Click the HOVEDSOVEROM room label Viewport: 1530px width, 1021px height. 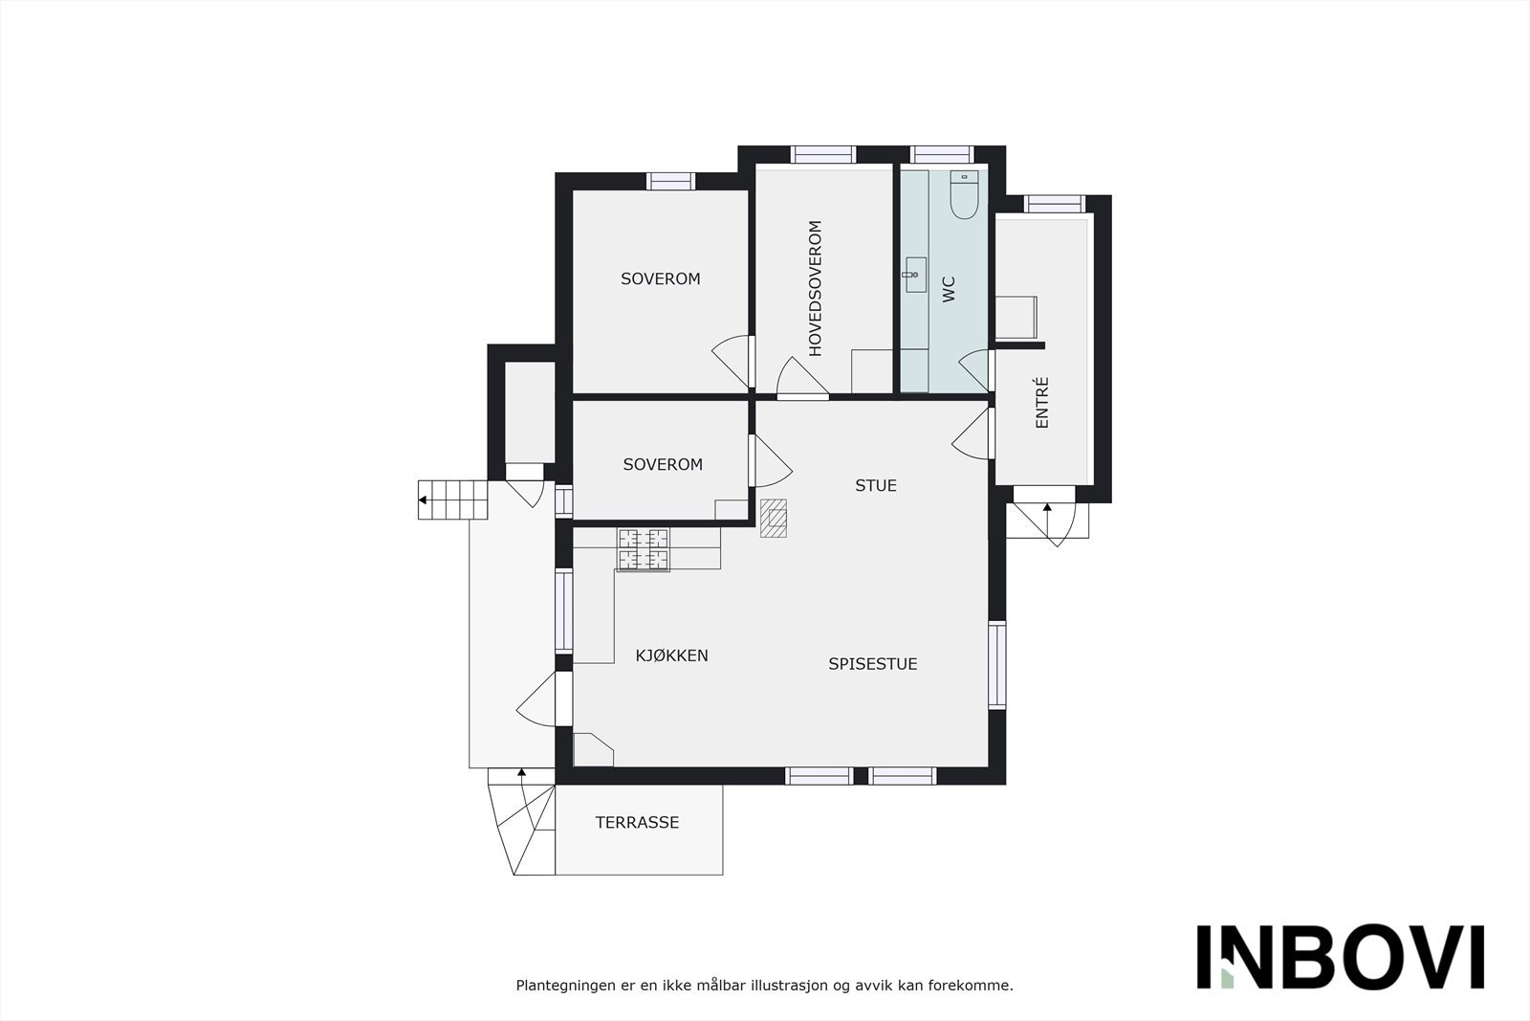click(x=816, y=288)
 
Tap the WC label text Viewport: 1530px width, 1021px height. click(x=949, y=289)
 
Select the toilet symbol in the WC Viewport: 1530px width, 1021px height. click(x=962, y=195)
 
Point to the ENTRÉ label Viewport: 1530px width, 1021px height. click(x=1042, y=402)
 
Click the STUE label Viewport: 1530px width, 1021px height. click(x=875, y=486)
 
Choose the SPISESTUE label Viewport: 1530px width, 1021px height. click(x=872, y=664)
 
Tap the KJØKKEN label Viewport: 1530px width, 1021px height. click(x=671, y=655)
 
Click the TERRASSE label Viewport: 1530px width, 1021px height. click(x=637, y=822)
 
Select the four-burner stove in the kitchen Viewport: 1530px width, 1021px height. click(x=644, y=550)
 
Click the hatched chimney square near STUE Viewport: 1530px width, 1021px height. click(x=774, y=518)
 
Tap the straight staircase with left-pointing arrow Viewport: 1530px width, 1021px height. click(x=453, y=499)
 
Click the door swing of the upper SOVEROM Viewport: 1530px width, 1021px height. click(x=733, y=361)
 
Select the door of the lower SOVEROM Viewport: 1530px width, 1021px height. click(x=771, y=462)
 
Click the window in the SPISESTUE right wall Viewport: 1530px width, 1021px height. click(x=996, y=665)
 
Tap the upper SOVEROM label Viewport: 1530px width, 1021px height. click(x=660, y=279)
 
